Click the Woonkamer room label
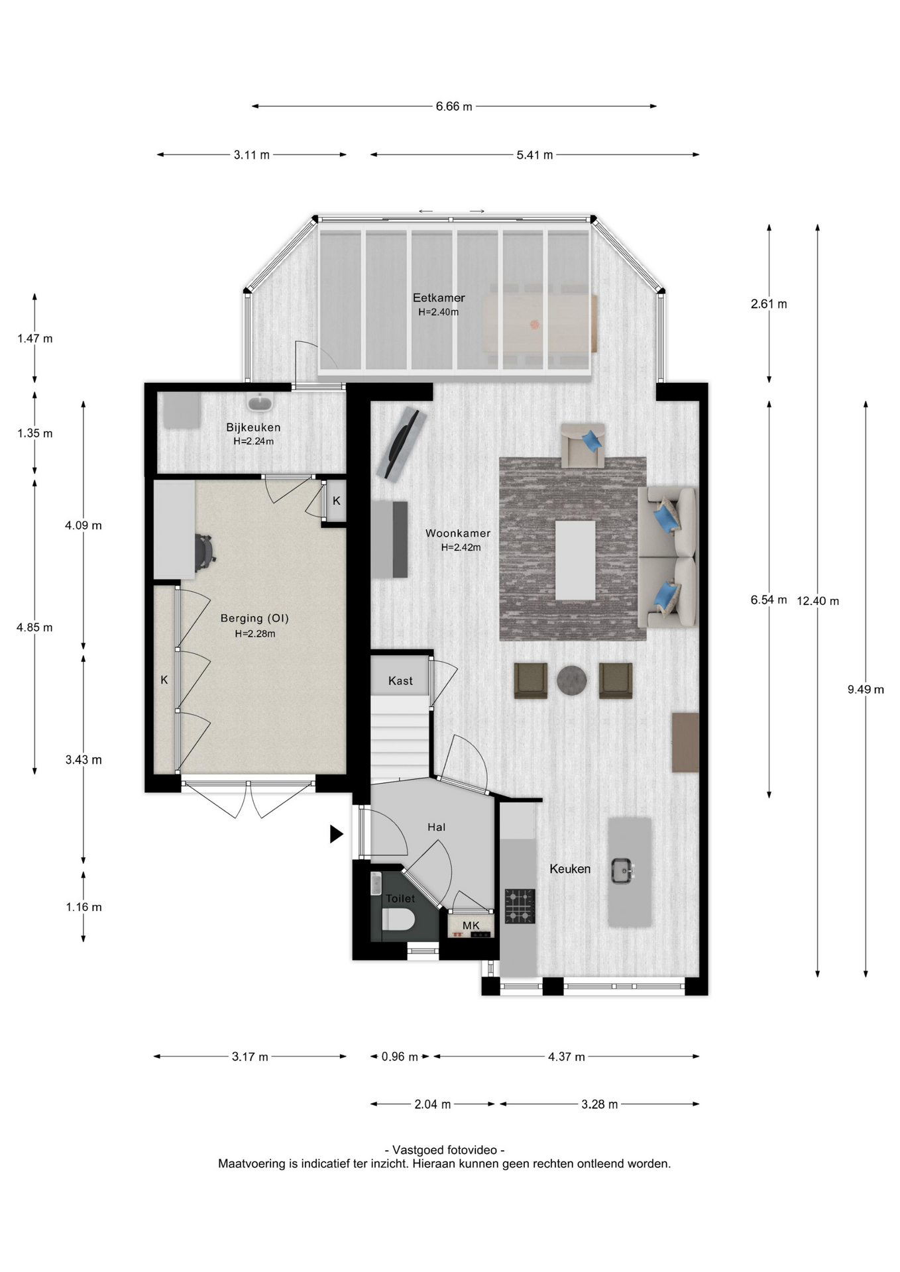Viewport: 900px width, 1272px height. [458, 533]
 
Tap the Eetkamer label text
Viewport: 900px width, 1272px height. [439, 298]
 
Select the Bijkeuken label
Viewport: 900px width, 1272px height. [253, 428]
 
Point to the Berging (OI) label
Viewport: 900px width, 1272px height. [254, 619]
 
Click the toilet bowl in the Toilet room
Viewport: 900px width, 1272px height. [399, 920]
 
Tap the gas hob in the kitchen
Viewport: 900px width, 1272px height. [520, 906]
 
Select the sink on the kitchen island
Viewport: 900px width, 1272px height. [622, 871]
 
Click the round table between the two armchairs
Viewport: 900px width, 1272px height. [572, 680]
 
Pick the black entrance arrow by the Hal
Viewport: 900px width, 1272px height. [337, 834]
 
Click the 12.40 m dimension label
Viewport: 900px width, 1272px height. [818, 602]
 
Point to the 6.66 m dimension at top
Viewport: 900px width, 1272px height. [454, 107]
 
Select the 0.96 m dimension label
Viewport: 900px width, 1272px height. [400, 1057]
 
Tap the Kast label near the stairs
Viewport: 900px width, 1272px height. [400, 681]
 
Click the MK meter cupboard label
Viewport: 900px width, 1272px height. [471, 926]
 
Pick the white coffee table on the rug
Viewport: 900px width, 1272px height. [575, 560]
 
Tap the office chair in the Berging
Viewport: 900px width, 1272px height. [205, 553]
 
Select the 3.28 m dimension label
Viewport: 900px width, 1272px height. [600, 1104]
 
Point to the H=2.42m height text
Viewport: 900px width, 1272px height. [461, 548]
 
